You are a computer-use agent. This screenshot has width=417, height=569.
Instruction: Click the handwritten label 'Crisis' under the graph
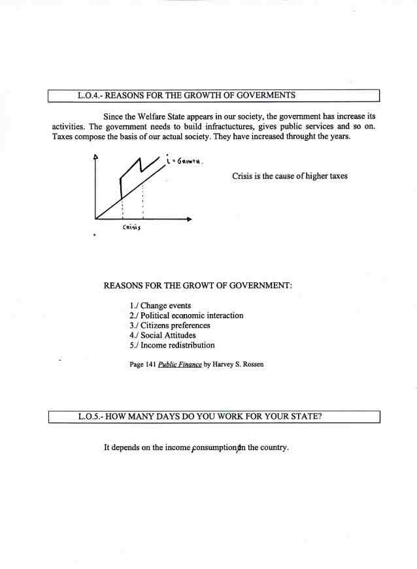(133, 227)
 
